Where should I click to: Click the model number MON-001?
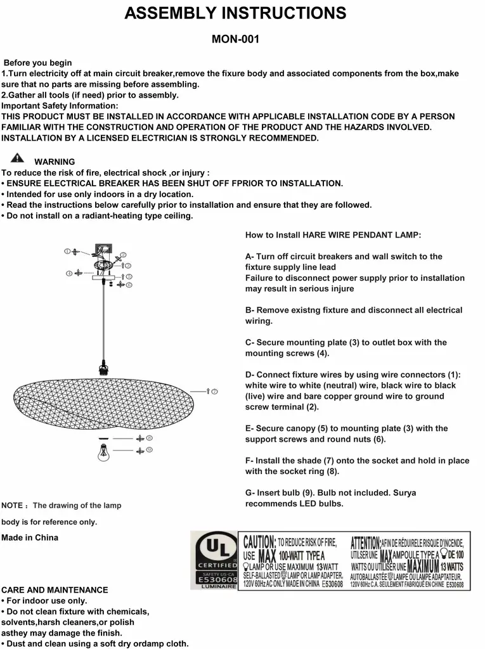(x=235, y=39)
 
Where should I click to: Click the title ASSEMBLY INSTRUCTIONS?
(x=235, y=13)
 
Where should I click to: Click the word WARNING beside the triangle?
(x=55, y=162)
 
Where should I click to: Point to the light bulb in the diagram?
(x=103, y=452)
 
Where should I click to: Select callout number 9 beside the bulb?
(x=150, y=449)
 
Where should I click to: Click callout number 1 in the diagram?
(x=67, y=252)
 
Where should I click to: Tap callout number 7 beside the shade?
(x=214, y=392)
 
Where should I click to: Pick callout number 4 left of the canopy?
(x=68, y=273)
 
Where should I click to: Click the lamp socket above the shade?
(x=101, y=367)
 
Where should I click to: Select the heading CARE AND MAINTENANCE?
(x=55, y=589)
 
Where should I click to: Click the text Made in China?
(x=30, y=537)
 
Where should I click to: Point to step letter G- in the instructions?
(x=250, y=492)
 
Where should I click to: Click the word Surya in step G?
(x=404, y=492)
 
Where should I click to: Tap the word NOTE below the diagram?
(x=12, y=506)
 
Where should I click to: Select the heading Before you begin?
(x=38, y=63)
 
